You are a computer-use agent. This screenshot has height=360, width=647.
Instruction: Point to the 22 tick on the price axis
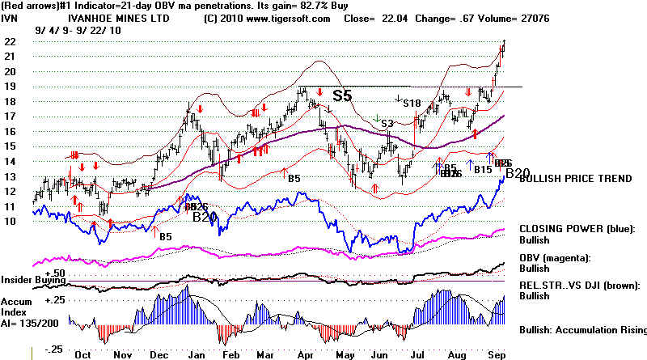(x=10, y=42)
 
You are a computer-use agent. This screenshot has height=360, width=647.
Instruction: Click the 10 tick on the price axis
(x=10, y=221)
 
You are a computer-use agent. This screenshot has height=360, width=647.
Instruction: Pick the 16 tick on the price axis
(x=10, y=132)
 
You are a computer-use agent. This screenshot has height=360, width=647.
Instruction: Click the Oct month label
(x=82, y=353)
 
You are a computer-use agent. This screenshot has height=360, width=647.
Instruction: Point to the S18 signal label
(x=412, y=103)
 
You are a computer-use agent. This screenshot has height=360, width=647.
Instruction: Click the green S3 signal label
(x=387, y=123)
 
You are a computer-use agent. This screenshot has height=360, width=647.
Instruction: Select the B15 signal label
(x=483, y=169)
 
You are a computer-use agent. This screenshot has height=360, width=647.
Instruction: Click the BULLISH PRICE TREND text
(x=574, y=178)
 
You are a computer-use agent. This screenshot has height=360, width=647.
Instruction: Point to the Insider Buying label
(x=34, y=280)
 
